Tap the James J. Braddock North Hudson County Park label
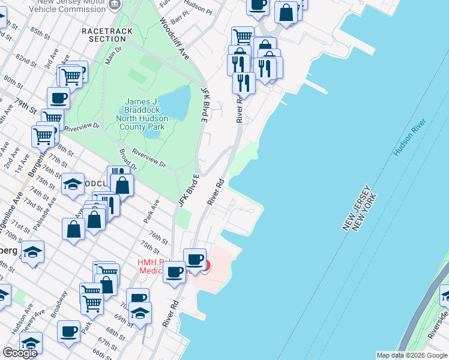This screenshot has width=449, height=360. (x=145, y=114)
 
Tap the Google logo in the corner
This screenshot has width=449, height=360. (x=19, y=353)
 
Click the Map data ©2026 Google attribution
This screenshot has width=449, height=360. (x=411, y=355)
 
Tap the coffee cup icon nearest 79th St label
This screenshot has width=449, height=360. (x=59, y=98)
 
